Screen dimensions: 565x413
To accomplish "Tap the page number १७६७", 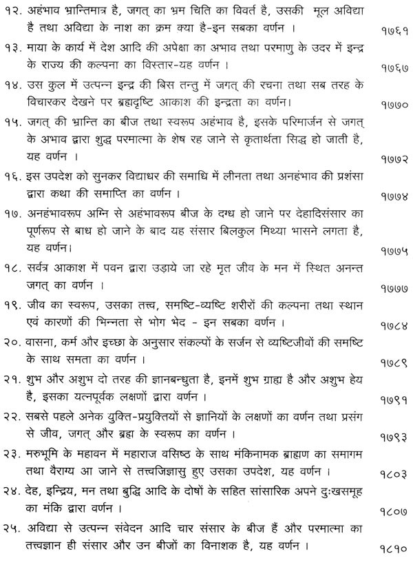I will click(393, 69).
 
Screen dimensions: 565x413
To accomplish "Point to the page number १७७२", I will click(393, 159).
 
